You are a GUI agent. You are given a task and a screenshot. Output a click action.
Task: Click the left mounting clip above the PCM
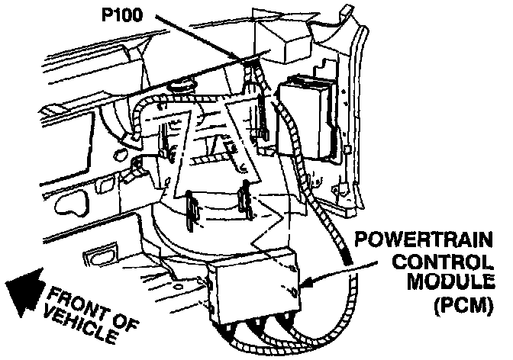(x=192, y=206)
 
